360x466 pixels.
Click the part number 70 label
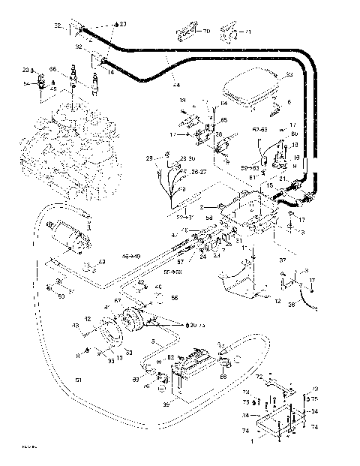coord(206,32)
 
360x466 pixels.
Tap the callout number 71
coord(249,32)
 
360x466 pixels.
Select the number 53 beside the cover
coord(289,75)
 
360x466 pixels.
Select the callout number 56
coord(174,298)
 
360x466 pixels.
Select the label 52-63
coord(259,130)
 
